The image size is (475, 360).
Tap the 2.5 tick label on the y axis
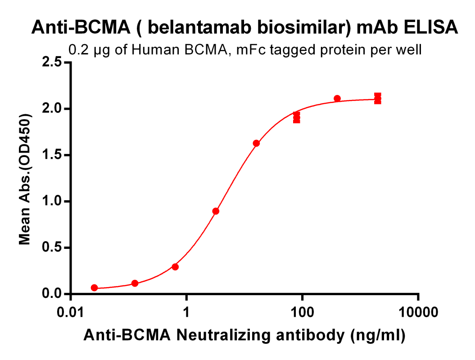(54, 62)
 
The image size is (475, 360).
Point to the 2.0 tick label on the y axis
(54, 108)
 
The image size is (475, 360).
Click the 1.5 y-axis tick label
(54, 155)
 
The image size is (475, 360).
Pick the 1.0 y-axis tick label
(54, 201)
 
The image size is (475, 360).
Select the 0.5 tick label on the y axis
(54, 247)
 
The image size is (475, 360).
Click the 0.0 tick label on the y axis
(54, 294)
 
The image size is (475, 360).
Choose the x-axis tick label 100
(302, 312)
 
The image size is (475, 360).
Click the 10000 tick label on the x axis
(418, 312)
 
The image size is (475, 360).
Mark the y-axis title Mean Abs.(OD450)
(25, 179)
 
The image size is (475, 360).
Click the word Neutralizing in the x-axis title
(224, 335)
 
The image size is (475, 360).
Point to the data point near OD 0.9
(216, 211)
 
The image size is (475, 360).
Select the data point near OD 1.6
(256, 143)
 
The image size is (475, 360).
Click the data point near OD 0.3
(175, 267)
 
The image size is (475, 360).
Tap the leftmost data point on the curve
(94, 288)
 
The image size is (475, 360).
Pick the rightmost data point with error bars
(378, 99)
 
